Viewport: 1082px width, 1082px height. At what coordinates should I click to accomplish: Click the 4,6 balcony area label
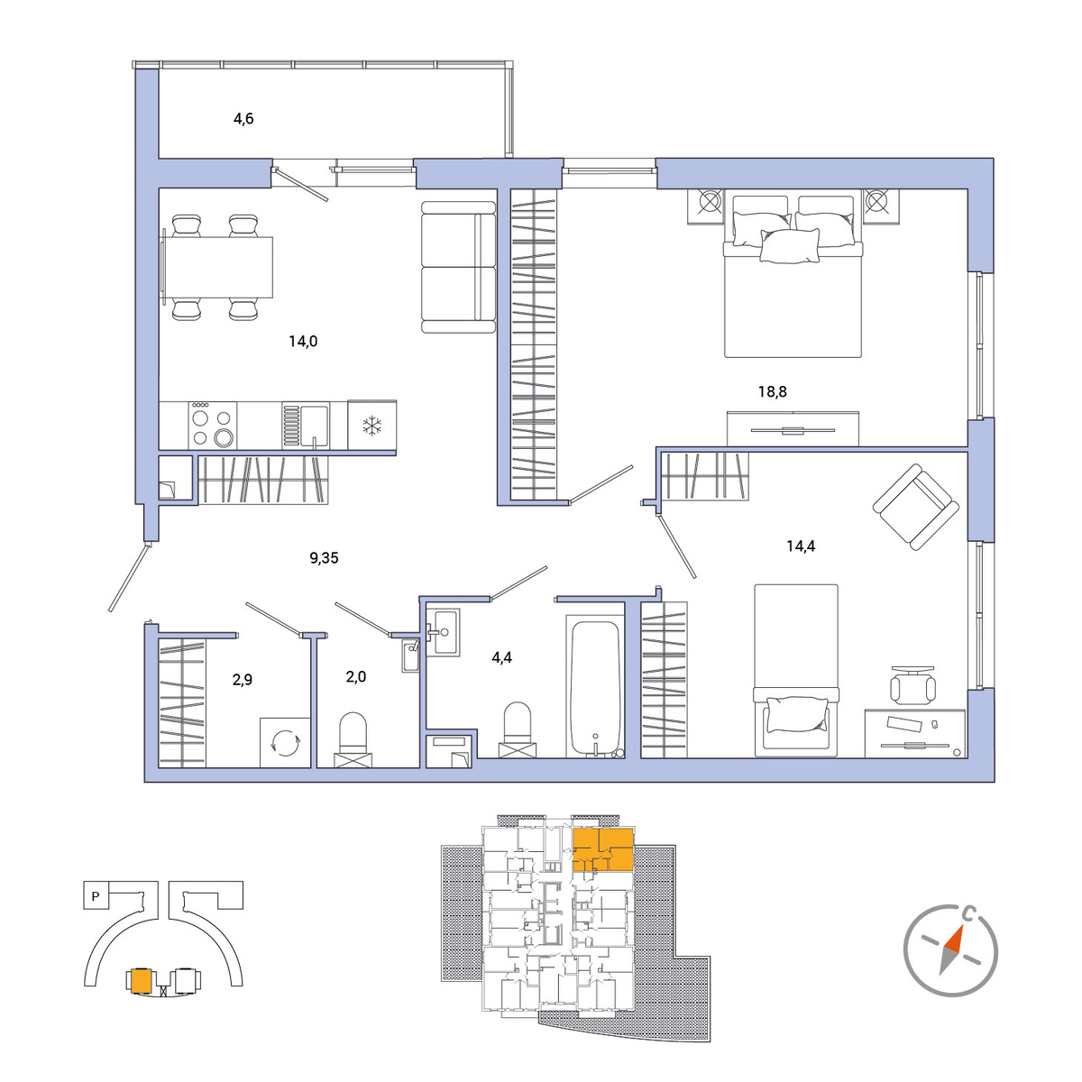[243, 118]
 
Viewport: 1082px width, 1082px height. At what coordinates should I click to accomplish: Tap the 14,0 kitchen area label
[303, 341]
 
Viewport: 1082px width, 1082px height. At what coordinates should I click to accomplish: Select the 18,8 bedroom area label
[772, 391]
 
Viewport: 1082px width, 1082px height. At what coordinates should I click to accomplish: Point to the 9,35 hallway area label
[324, 557]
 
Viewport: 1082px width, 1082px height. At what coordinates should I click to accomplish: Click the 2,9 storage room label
[243, 680]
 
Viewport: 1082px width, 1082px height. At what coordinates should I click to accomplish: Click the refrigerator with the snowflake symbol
[371, 425]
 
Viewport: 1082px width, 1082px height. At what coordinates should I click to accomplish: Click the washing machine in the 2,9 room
[285, 742]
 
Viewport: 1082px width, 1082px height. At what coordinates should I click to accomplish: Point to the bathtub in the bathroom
[595, 687]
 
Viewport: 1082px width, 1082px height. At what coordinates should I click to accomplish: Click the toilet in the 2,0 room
[353, 739]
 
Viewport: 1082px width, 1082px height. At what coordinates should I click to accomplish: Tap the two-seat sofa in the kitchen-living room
[459, 267]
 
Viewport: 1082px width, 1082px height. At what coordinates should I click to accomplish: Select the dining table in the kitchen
[217, 267]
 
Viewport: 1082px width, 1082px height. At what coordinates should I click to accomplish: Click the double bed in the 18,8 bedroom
[793, 273]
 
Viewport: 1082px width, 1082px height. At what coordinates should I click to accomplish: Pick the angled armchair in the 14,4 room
[915, 507]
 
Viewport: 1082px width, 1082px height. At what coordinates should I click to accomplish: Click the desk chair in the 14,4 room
[913, 685]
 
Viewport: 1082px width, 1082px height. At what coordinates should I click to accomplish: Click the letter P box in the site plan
[96, 896]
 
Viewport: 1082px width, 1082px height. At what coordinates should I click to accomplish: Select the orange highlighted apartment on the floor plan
[603, 850]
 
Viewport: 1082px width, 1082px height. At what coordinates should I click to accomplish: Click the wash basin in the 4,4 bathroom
[443, 632]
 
